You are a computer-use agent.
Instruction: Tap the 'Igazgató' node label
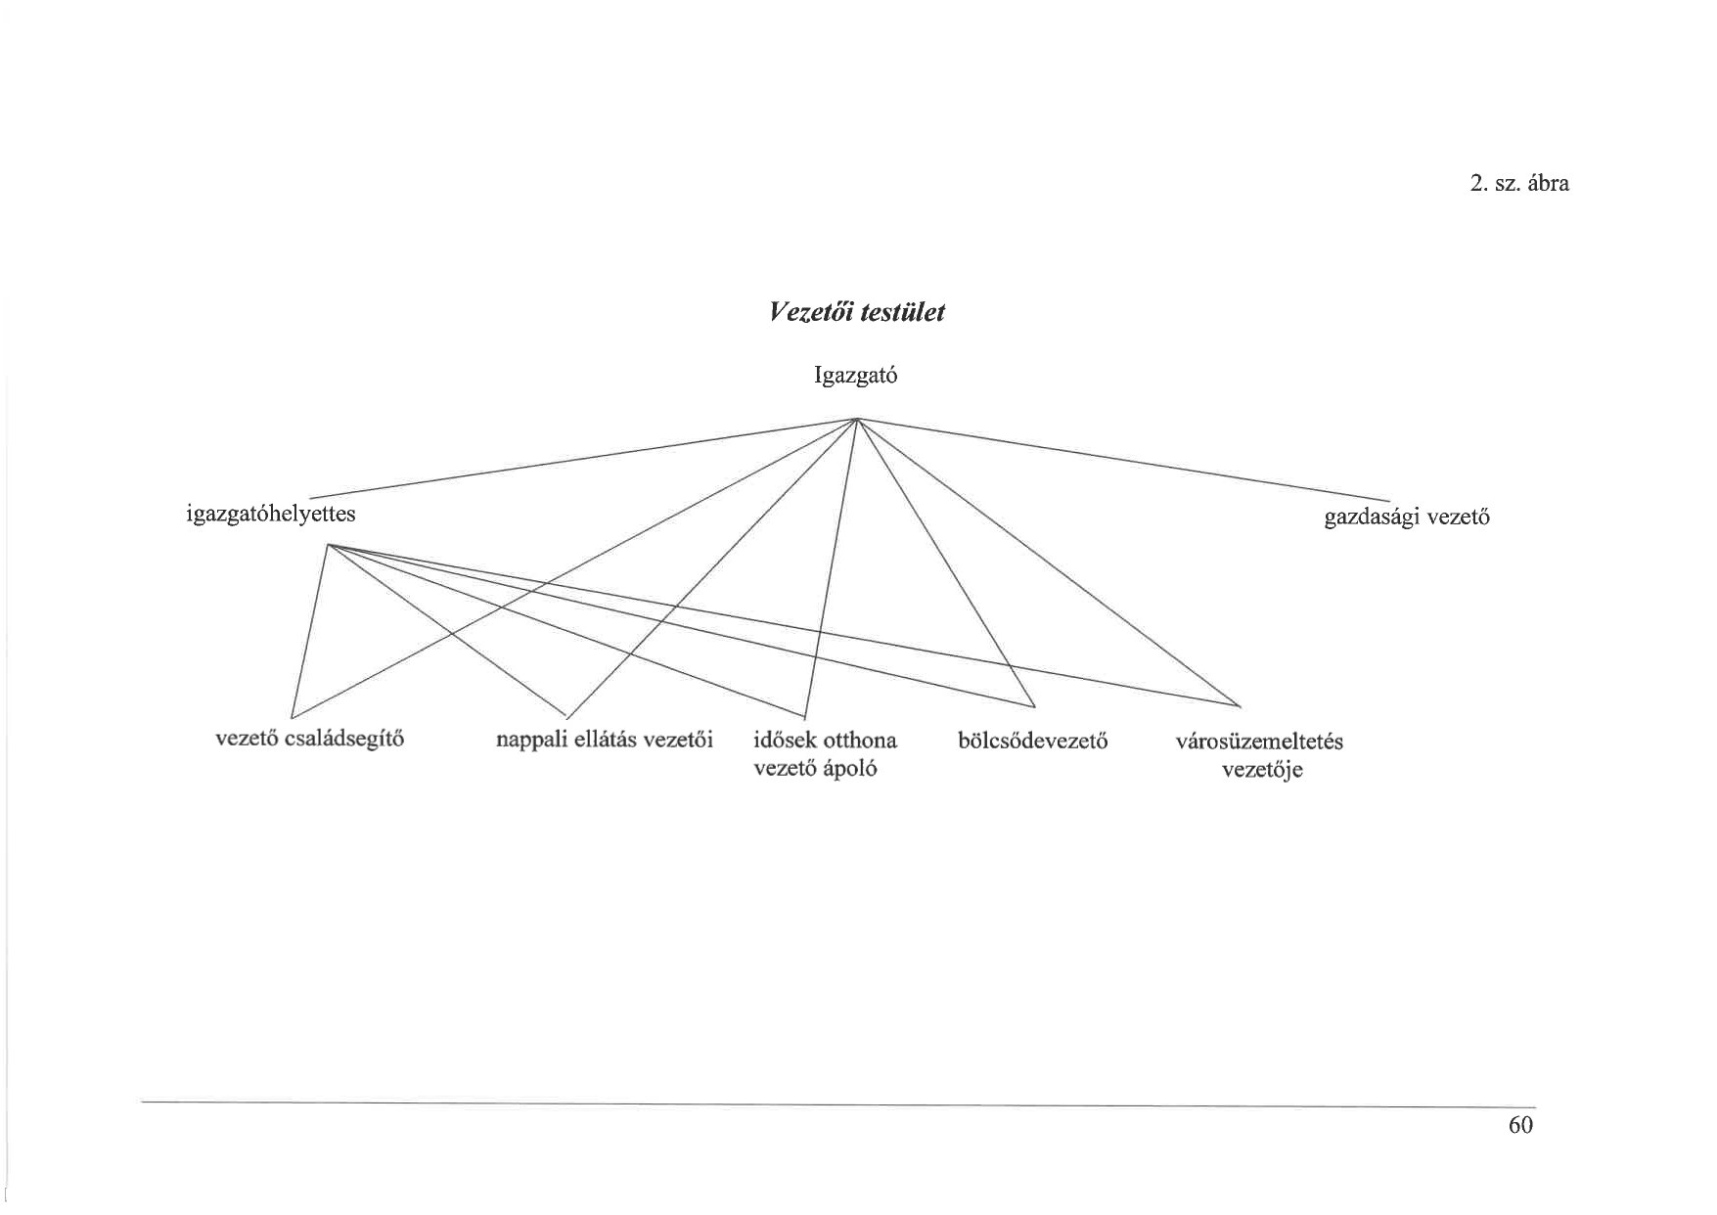pos(855,376)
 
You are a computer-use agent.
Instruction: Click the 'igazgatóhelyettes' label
pos(271,514)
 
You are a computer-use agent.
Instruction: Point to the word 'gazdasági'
pos(1372,517)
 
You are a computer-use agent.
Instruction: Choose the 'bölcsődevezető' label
pos(1033,741)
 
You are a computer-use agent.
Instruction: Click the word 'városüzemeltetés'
pos(1259,741)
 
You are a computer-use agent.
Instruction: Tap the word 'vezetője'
pos(1262,770)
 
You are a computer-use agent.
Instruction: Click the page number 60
pos(1520,1125)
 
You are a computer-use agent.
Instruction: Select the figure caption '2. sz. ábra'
pos(1519,183)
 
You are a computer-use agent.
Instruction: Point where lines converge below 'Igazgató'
pos(857,419)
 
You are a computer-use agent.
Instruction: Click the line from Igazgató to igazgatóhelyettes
pos(587,458)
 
